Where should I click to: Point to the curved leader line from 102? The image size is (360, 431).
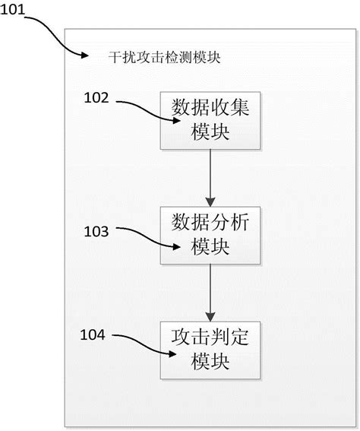click(x=144, y=109)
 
